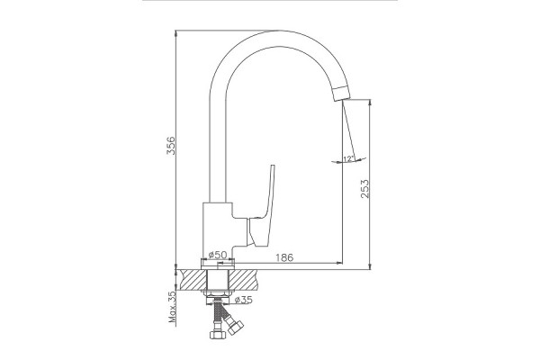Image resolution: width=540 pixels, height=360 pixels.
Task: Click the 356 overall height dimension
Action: pos(171,146)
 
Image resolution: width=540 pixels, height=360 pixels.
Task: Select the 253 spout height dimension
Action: pos(364,188)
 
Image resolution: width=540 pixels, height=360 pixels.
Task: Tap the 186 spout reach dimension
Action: pos(284,257)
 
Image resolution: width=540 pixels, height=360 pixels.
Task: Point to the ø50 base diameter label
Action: pos(218,255)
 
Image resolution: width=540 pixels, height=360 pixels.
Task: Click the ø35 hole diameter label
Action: pos(244,300)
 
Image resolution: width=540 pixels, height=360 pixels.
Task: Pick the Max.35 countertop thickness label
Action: pos(172,307)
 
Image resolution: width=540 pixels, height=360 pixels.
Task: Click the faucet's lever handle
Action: pos(264,207)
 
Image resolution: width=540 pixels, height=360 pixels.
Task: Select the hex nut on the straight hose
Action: pos(217,334)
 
